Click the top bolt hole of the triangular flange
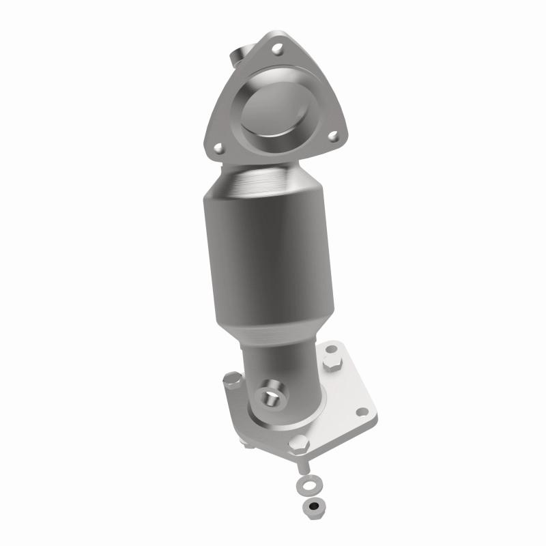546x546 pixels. (277, 48)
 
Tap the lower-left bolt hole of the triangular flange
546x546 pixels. (218, 146)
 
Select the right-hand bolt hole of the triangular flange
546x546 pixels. (333, 136)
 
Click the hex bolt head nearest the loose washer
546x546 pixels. (298, 444)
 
